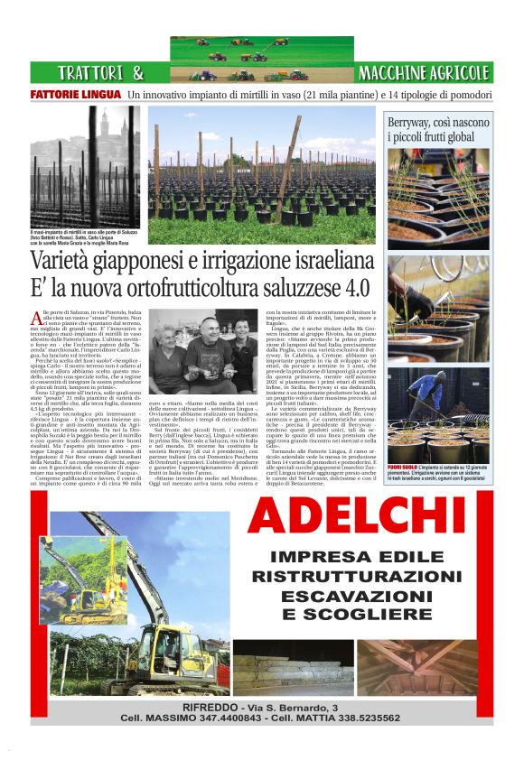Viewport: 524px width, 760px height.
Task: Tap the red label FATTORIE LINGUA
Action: coord(75,95)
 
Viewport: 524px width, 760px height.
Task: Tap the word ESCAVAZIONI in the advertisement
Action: coord(357,596)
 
